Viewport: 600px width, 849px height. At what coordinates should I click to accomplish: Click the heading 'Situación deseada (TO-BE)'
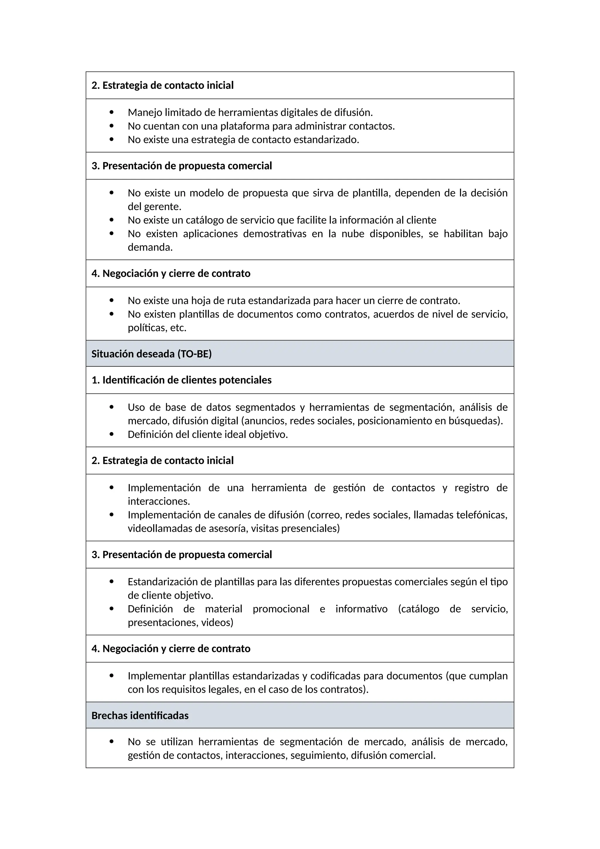click(151, 354)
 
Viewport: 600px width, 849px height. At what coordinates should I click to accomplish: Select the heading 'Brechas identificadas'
click(140, 716)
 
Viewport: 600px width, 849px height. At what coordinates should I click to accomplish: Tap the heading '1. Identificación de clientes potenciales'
click(181, 380)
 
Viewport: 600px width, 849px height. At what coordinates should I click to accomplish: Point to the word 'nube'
click(353, 234)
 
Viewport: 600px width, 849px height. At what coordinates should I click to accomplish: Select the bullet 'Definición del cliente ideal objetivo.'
click(208, 434)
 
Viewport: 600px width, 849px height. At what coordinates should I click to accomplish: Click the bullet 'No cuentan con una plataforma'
click(261, 126)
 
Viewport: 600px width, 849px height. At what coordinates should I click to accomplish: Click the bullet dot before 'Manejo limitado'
click(112, 112)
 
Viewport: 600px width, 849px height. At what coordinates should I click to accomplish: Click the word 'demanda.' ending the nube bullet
click(150, 247)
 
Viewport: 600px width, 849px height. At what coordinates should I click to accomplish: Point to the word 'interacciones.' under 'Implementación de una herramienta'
click(159, 501)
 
